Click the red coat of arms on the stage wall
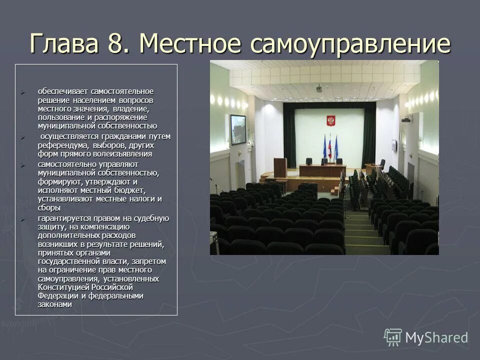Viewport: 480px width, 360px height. click(330, 121)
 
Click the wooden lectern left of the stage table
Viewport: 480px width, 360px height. click(280, 167)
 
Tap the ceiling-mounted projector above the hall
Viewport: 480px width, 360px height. click(319, 88)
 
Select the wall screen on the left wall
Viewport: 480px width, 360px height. click(237, 129)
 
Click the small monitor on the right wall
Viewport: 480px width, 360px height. click(394, 145)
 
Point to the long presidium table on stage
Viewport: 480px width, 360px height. click(322, 170)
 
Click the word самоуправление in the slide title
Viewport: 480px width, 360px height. click(350, 44)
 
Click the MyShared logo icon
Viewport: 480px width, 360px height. click(392, 337)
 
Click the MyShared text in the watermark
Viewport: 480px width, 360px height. click(436, 337)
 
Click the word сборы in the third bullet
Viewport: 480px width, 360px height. click(48, 207)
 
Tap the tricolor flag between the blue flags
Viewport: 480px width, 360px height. click(330, 145)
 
